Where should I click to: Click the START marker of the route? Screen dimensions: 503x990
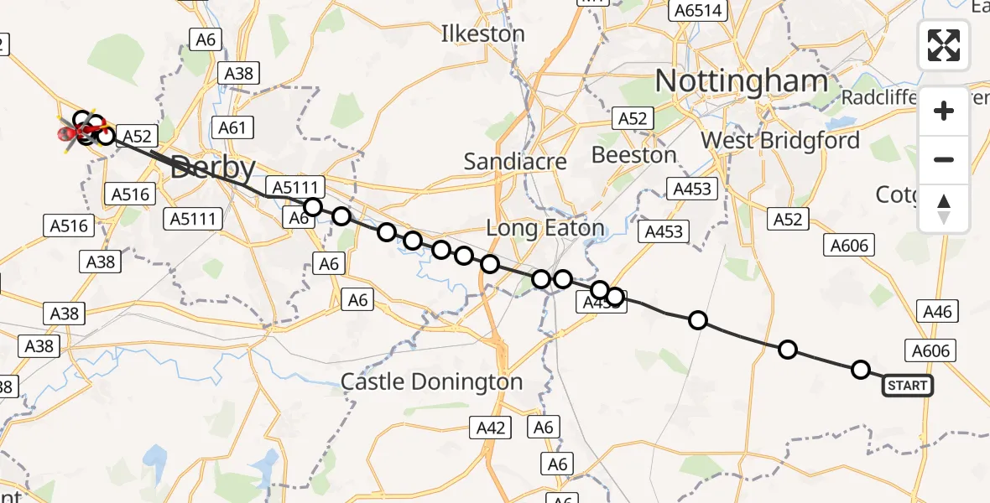907,386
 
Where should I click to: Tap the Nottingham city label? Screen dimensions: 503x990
741,81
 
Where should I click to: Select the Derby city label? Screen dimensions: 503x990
213,169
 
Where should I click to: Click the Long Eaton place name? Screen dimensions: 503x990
545,227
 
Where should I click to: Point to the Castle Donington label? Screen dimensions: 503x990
431,382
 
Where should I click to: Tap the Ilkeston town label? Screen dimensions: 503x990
483,34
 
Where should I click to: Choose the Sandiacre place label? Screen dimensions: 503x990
515,161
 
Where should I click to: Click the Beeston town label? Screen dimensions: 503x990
633,155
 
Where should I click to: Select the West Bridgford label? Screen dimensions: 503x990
780,140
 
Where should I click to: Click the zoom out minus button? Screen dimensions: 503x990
944,159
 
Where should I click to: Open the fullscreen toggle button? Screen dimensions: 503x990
944,44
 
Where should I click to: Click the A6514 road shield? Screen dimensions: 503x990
696,10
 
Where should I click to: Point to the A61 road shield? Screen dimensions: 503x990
232,127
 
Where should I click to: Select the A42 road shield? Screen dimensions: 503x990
491,428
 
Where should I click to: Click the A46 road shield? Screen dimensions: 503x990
936,312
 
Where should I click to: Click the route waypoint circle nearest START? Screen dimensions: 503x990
861,370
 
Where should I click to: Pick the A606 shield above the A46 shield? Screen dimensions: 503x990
850,245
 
